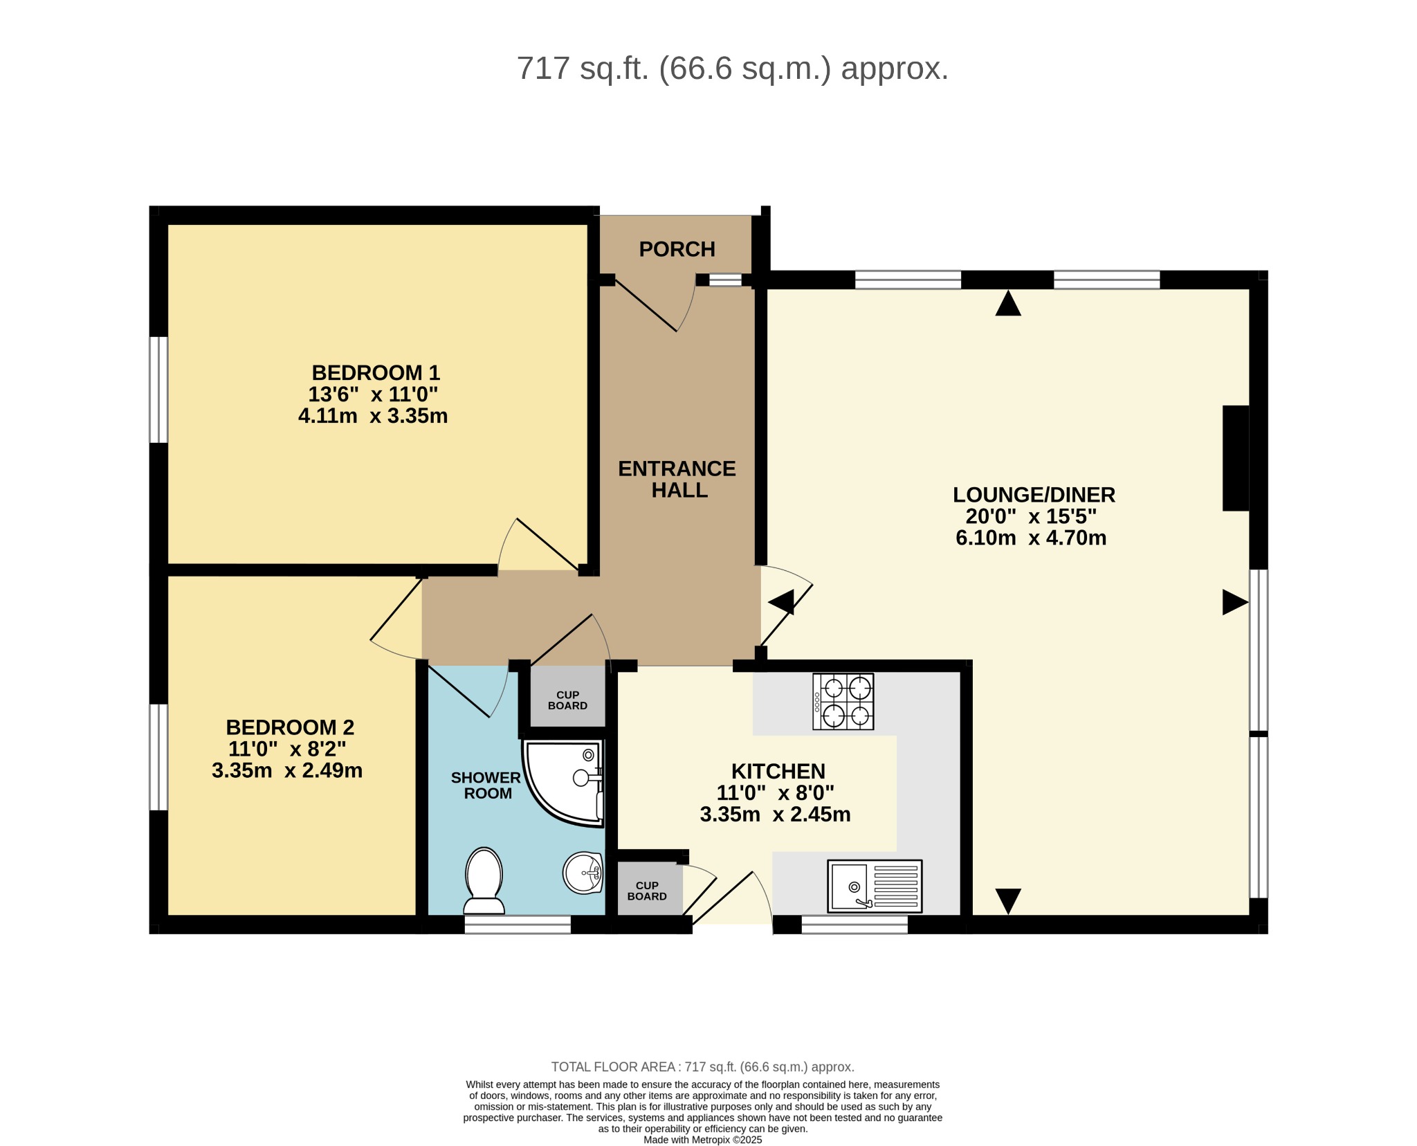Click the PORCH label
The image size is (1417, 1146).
click(x=677, y=249)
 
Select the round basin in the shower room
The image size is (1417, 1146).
click(x=583, y=873)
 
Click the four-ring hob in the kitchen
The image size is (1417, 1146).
click(x=843, y=702)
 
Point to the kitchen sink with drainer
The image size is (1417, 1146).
click(x=875, y=886)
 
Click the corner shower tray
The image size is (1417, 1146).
click(x=563, y=783)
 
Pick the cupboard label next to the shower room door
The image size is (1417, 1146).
click(x=567, y=700)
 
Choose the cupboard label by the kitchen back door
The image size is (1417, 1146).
click(x=647, y=891)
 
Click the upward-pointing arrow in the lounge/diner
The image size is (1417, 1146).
click(x=1008, y=304)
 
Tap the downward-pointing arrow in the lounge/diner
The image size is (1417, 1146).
click(x=1008, y=901)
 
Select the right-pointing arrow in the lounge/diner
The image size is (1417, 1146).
click(x=1235, y=602)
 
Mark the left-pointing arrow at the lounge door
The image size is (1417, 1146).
click(x=781, y=602)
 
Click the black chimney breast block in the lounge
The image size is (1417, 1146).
click(x=1236, y=458)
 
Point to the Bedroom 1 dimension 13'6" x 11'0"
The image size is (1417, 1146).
click(x=373, y=394)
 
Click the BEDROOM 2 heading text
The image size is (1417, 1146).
click(x=290, y=727)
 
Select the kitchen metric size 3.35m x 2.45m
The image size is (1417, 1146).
click(x=775, y=815)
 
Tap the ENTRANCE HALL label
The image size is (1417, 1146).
click(x=677, y=479)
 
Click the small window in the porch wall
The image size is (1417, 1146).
click(x=725, y=280)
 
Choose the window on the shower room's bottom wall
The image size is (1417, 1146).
click(x=518, y=925)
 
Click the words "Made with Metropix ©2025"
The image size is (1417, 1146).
click(x=702, y=1140)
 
